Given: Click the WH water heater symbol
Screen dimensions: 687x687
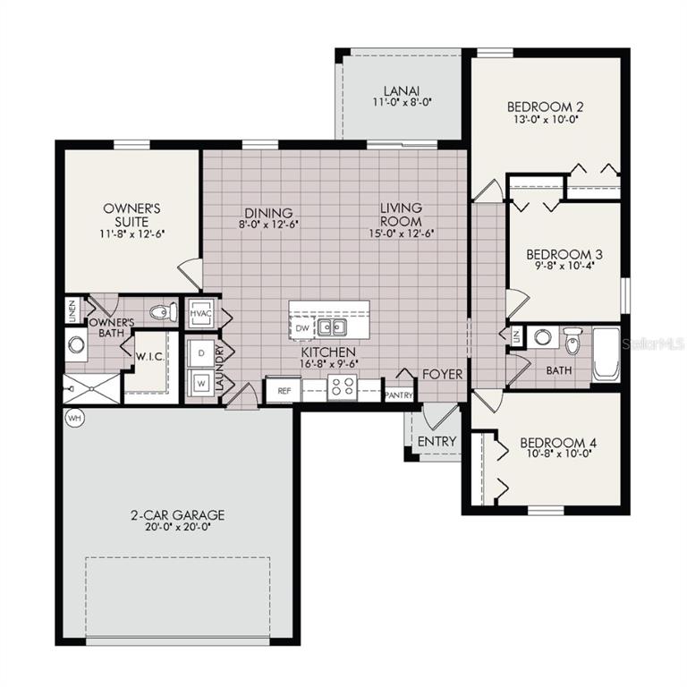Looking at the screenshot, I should [72, 417].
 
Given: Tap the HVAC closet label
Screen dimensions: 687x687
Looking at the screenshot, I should [199, 315].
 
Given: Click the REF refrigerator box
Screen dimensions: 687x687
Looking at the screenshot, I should [284, 390].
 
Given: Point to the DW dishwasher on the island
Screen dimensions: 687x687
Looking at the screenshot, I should [301, 328].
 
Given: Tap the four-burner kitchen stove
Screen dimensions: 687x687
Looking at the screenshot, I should [342, 386].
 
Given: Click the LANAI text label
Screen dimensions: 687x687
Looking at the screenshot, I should [401, 90].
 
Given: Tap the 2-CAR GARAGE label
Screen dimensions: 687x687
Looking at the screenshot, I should [177, 515].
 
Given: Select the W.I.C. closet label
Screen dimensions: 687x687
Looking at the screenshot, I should [148, 355].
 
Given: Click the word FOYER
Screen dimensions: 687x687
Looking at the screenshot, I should [442, 374].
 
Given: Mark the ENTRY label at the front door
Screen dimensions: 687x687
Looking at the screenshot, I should [437, 441].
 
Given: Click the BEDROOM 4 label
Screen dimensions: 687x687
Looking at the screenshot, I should [557, 443].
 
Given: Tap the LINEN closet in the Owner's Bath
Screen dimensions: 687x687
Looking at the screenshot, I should [72, 311].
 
